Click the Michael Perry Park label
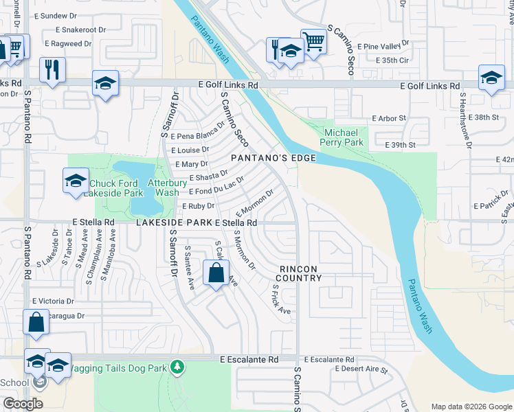(343, 137)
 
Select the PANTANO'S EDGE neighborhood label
(273, 158)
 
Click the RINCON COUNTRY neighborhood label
(299, 273)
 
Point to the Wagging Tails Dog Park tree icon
(178, 367)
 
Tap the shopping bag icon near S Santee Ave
(216, 273)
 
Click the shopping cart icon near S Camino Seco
(313, 41)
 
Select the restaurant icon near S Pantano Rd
(52, 69)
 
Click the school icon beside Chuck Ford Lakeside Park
(76, 181)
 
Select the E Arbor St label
(389, 118)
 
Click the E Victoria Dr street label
(53, 301)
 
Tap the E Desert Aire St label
(361, 369)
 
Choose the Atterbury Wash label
(168, 188)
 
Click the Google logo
(23, 404)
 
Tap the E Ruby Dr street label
(198, 205)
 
